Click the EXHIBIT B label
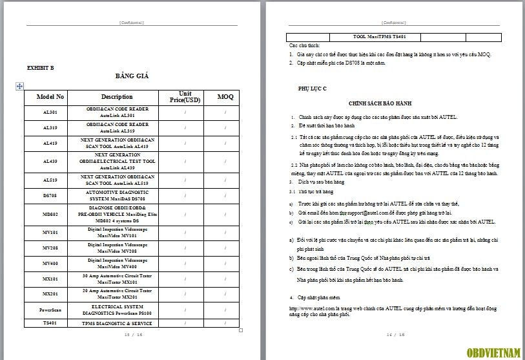(41, 67)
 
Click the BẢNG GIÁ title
(132, 76)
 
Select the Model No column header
(50, 97)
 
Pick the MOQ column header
(225, 97)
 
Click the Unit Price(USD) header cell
(185, 97)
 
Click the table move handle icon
(19, 85)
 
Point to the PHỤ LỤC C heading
(313, 87)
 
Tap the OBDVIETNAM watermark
(494, 352)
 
